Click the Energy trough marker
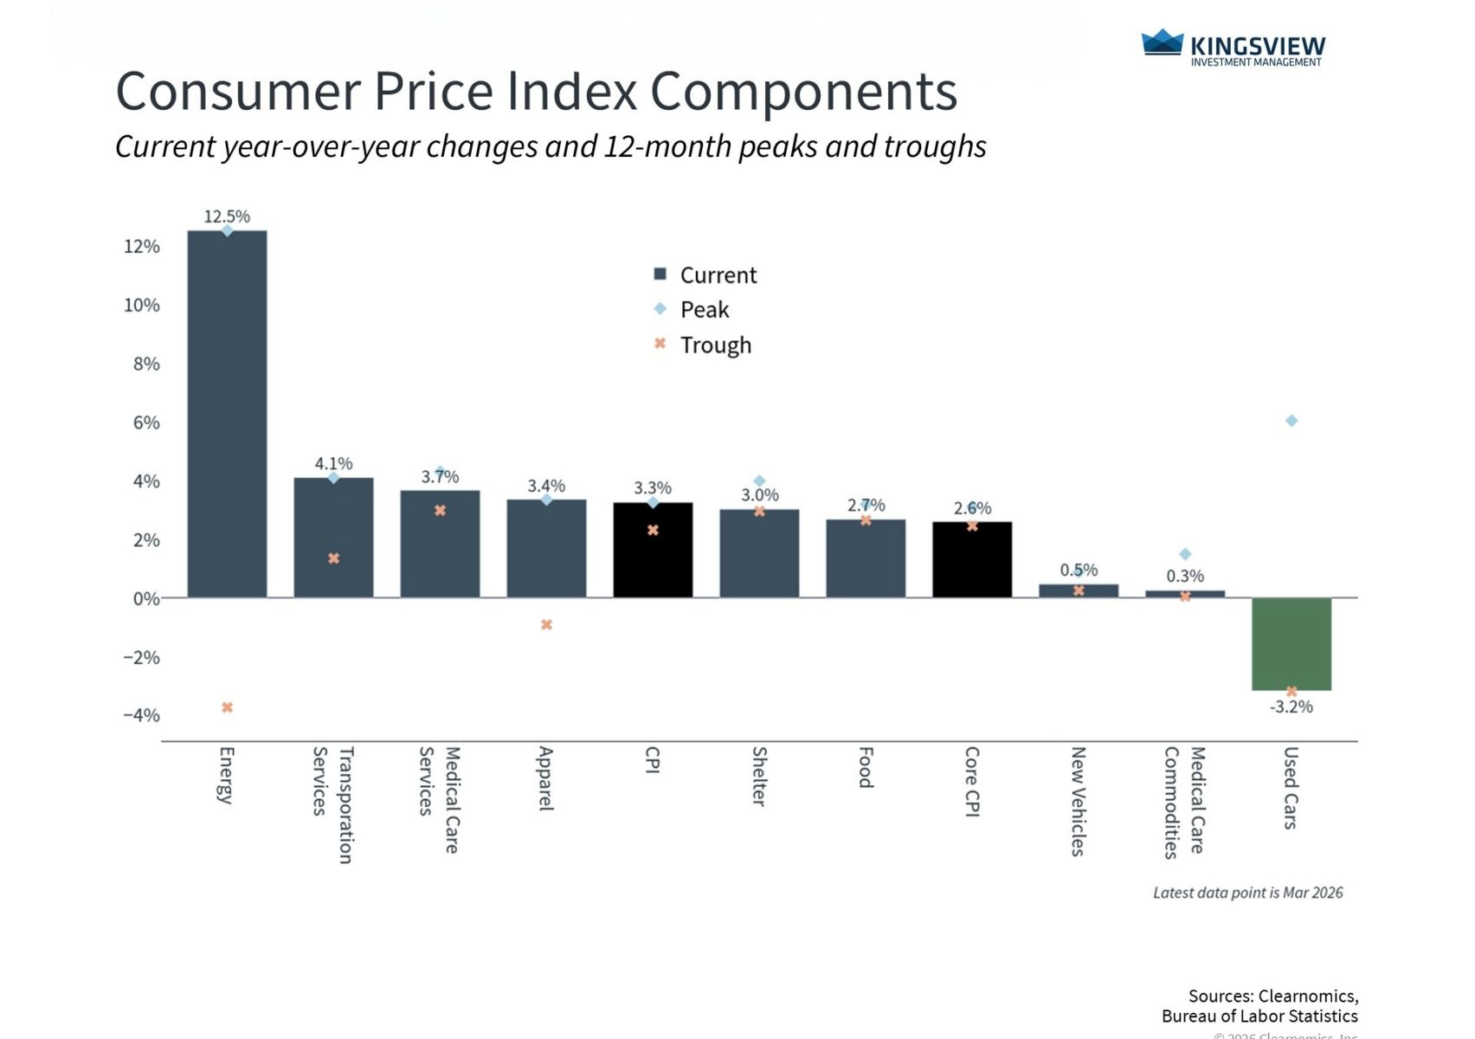tap(227, 707)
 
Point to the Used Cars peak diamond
tap(1291, 421)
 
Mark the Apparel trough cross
tap(546, 624)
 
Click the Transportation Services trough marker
tap(333, 558)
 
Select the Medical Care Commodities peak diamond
tap(1185, 554)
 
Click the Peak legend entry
tap(704, 310)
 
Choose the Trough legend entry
tap(715, 345)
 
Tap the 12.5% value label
tap(227, 216)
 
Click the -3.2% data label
tap(1291, 707)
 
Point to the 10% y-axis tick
tap(142, 306)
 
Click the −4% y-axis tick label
tap(141, 715)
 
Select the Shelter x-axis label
tap(759, 777)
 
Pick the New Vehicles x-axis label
tap(1079, 802)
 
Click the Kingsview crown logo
tap(1162, 43)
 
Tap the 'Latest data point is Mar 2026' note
tap(1247, 893)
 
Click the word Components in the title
tap(803, 92)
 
